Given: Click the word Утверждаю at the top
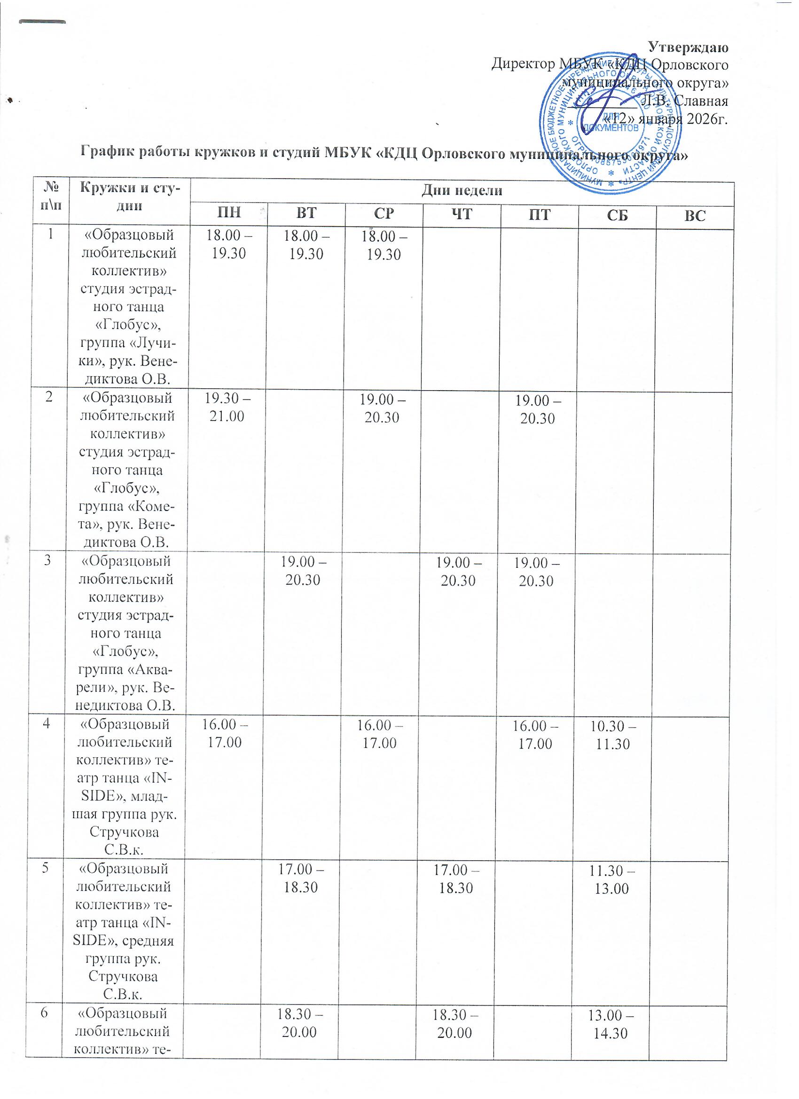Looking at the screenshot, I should click(689, 47).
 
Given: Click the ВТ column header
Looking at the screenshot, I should click(306, 215).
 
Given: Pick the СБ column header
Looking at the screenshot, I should click(617, 215).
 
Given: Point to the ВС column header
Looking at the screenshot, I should click(695, 215).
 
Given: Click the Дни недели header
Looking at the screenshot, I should click(462, 191).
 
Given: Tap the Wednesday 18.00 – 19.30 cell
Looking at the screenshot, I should click(383, 245).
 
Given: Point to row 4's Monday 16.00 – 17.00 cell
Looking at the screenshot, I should click(223, 735).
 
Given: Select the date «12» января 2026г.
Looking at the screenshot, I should click(665, 119).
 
